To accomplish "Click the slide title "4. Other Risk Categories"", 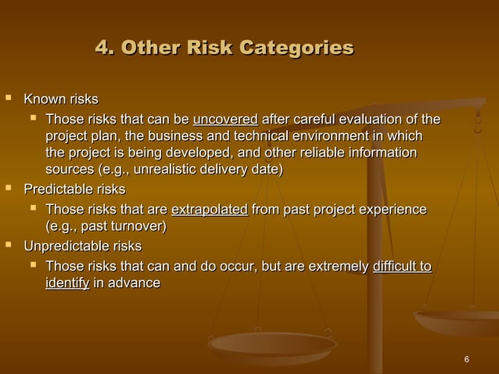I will click(x=224, y=48).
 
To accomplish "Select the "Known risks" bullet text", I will click(x=61, y=100).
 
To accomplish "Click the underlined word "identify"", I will click(x=66, y=282).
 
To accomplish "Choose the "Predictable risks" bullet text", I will click(x=74, y=190).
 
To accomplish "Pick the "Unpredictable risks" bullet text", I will click(x=82, y=247).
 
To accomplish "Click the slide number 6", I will click(x=466, y=359).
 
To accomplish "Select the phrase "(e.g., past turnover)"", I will click(x=106, y=227).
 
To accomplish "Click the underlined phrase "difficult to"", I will click(x=402, y=267).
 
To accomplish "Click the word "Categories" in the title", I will click(x=296, y=48).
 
